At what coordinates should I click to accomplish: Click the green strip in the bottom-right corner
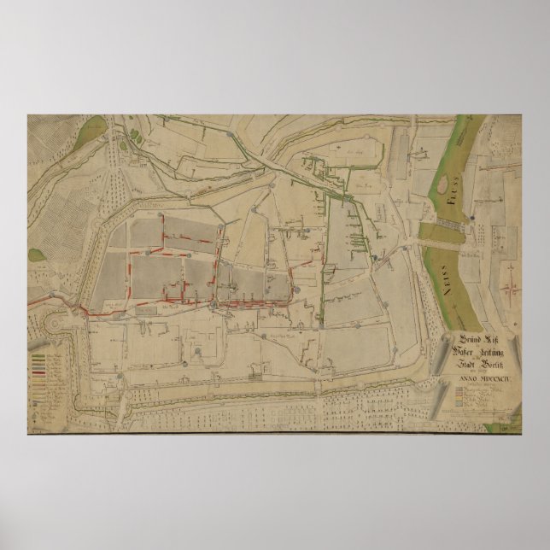[512, 419]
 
